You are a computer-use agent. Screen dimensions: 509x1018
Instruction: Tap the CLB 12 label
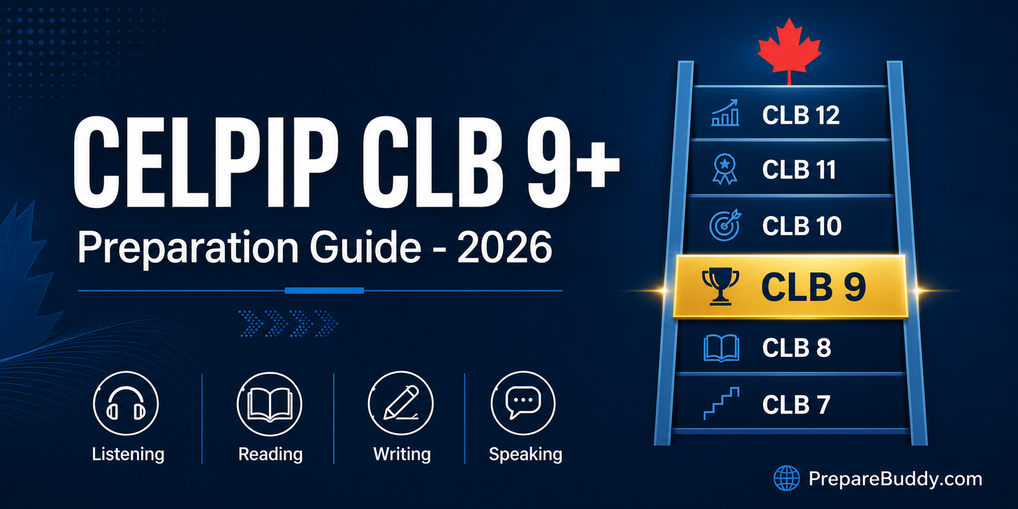coord(801,115)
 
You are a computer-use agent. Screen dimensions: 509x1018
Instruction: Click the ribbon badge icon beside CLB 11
coord(725,169)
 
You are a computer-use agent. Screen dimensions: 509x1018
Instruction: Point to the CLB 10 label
coord(802,226)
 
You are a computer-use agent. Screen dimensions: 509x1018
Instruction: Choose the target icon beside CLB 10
coord(725,226)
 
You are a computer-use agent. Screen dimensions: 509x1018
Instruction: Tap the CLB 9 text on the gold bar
coord(813,287)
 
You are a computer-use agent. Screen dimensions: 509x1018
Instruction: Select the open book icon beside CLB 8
coord(721,348)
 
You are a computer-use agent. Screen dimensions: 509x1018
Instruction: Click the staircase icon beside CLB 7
coord(721,403)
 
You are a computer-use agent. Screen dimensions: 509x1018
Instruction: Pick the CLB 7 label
coord(796,405)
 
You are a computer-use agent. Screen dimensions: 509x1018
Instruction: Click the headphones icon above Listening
coord(126,404)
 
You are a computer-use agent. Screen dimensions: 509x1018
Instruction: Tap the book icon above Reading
coord(269,404)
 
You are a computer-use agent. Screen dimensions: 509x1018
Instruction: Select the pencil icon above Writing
coord(401,403)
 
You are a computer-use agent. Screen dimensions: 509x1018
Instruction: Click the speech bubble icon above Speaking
coord(523,402)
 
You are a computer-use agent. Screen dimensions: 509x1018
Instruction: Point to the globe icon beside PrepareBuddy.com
coord(786,478)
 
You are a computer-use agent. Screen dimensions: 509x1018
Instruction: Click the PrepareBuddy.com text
coord(895,479)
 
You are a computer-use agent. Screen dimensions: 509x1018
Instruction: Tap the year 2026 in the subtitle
coord(504,248)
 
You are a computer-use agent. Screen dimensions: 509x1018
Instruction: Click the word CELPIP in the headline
coord(205,163)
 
